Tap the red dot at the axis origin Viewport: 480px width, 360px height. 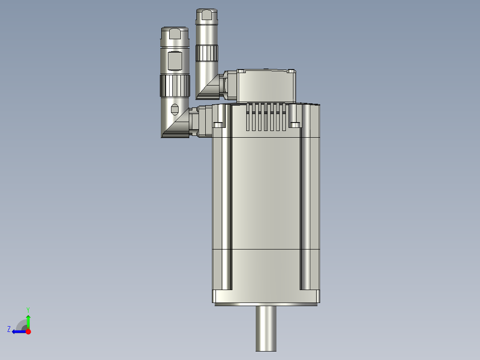click(x=28, y=331)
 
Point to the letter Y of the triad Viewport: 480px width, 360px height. click(x=28, y=309)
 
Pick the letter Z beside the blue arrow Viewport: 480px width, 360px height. click(x=9, y=329)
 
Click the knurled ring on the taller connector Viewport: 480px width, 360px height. click(x=207, y=53)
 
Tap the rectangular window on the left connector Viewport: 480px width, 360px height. click(x=175, y=61)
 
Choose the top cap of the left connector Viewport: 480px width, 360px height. click(x=175, y=33)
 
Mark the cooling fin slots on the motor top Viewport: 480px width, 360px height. click(x=266, y=117)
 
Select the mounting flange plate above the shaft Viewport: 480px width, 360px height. click(x=266, y=296)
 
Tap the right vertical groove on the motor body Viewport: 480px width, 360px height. click(x=305, y=209)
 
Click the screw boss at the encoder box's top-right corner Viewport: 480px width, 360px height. click(x=291, y=71)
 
